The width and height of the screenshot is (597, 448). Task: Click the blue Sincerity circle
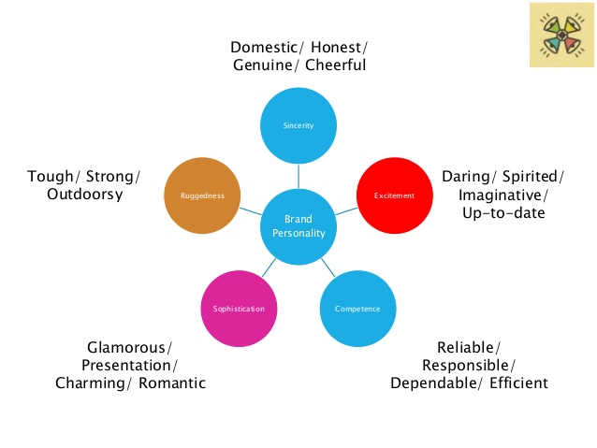(x=298, y=124)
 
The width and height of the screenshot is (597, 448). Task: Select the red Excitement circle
(x=394, y=195)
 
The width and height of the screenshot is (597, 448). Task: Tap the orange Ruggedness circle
(x=202, y=195)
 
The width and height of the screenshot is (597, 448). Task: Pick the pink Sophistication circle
(x=238, y=308)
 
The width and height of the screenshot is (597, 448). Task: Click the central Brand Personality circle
(x=298, y=225)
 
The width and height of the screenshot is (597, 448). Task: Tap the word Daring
(x=470, y=176)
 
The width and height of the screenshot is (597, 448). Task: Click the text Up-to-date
(x=503, y=214)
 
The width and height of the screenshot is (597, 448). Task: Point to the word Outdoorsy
(x=85, y=195)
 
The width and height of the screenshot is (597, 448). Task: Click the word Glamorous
(x=128, y=346)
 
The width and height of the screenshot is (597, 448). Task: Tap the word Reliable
(x=468, y=346)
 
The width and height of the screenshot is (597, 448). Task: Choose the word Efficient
(x=516, y=383)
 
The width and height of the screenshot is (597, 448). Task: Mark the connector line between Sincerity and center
(x=298, y=175)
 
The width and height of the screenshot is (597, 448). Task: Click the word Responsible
(x=469, y=365)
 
